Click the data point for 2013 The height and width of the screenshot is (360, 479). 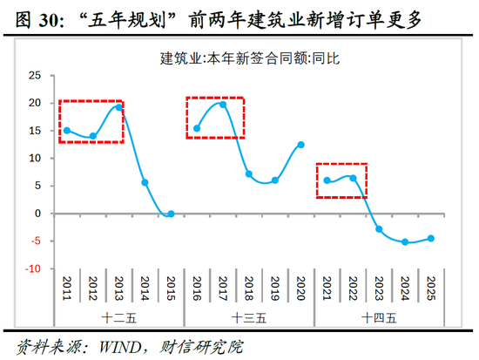click(119, 107)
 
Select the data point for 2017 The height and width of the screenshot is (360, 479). click(223, 105)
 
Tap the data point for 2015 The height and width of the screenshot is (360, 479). click(171, 214)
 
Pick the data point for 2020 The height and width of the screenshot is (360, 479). click(300, 145)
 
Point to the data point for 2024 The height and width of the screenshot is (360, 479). click(405, 241)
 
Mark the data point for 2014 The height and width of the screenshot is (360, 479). click(145, 183)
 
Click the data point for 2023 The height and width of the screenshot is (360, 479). click(379, 229)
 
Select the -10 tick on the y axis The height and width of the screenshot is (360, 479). click(33, 269)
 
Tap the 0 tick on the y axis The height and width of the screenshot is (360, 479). click(38, 214)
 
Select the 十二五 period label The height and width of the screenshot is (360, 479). click(118, 317)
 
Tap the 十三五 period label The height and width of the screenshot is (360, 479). click(249, 317)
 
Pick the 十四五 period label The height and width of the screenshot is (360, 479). click(379, 317)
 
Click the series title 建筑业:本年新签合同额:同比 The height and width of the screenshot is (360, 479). click(247, 58)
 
